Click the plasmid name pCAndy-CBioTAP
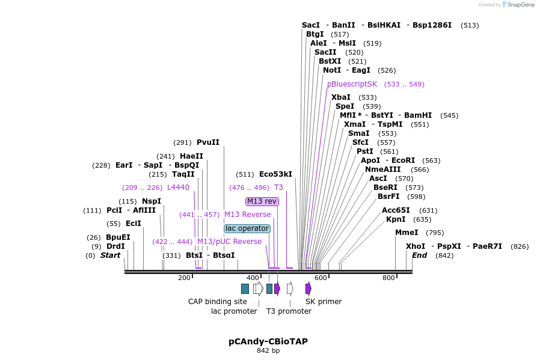pyautogui.click(x=268, y=341)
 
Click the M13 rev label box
pyautogui.click(x=262, y=201)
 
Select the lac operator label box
pyautogui.click(x=247, y=228)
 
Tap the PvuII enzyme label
pyautogui.click(x=208, y=142)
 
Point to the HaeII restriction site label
pyautogui.click(x=191, y=156)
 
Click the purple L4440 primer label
pyautogui.click(x=178, y=188)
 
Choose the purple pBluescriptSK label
pyautogui.click(x=352, y=84)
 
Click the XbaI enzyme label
pyautogui.click(x=341, y=97)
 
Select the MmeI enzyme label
pyautogui.click(x=407, y=233)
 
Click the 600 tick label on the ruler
pyautogui.click(x=321, y=278)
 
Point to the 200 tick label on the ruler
pyautogui.click(x=184, y=278)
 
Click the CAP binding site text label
pyautogui.click(x=218, y=301)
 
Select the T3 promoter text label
pyautogui.click(x=289, y=311)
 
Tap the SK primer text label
pyautogui.click(x=324, y=301)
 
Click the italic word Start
pyautogui.click(x=110, y=255)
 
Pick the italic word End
pyautogui.click(x=419, y=255)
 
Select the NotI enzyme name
pyautogui.click(x=332, y=70)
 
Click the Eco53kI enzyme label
pyautogui.click(x=275, y=174)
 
